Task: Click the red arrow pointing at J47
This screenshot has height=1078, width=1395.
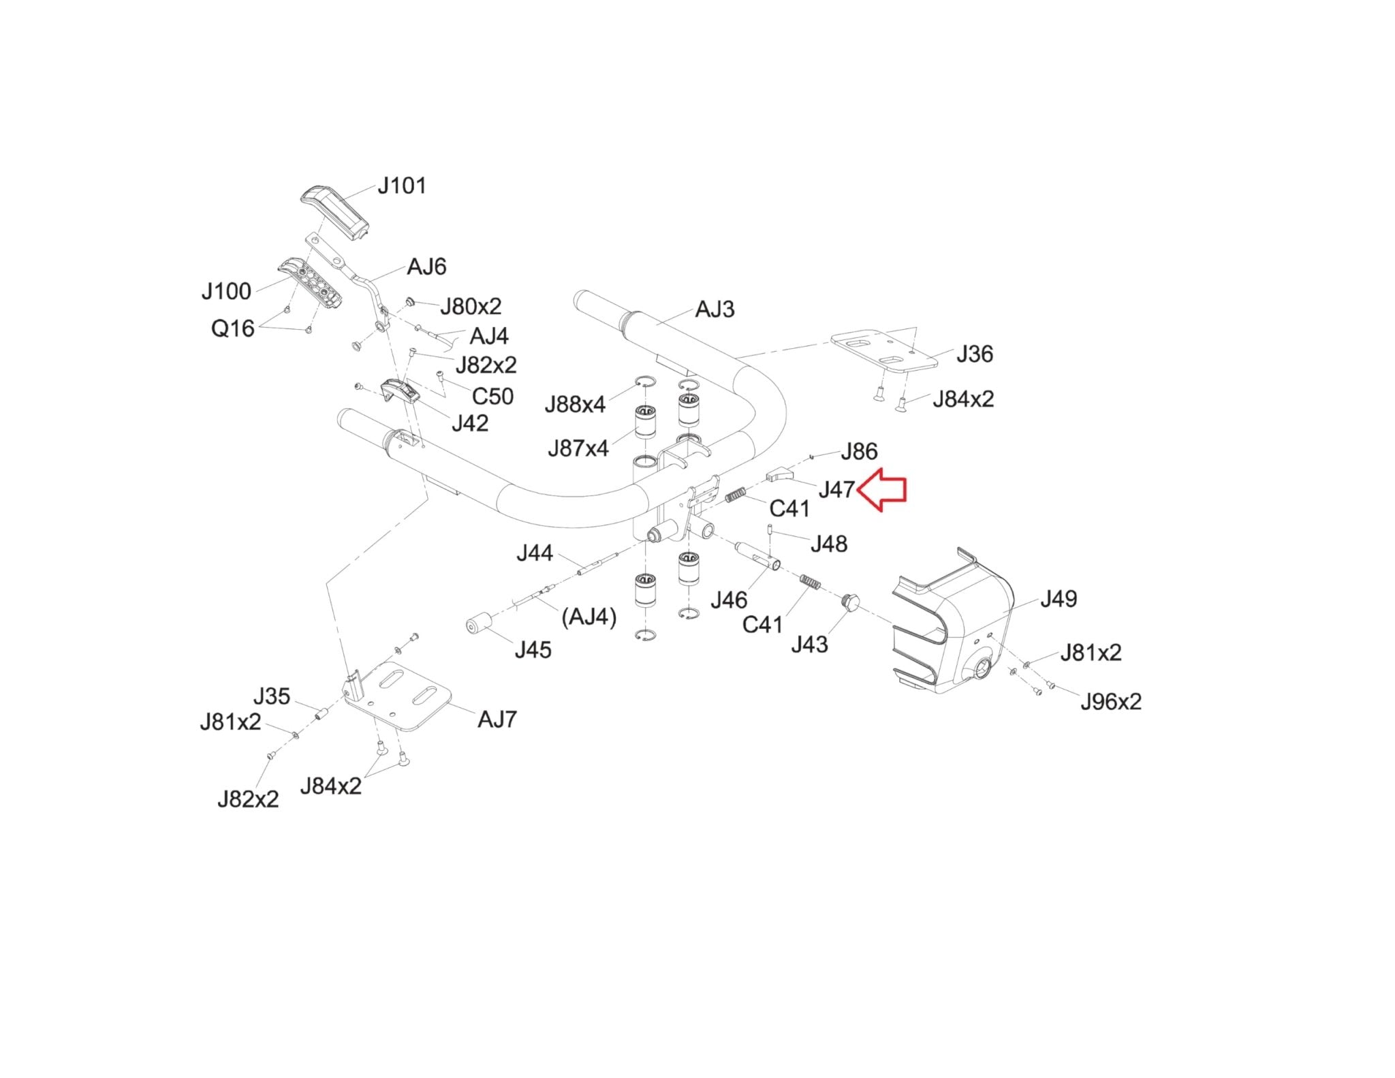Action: pos(881,489)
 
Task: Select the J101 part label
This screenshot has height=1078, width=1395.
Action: pos(402,185)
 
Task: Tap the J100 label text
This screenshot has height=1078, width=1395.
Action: pos(226,292)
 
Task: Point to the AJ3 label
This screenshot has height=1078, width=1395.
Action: pos(715,309)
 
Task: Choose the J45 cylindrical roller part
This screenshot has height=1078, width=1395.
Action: pos(479,623)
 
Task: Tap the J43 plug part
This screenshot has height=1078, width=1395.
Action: pos(850,602)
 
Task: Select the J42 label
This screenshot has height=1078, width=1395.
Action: pos(470,423)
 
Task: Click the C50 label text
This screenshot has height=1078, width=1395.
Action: pos(492,396)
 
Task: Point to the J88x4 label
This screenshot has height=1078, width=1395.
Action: pos(575,405)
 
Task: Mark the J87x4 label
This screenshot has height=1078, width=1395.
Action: pos(578,448)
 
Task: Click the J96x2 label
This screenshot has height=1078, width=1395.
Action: pos(1111,701)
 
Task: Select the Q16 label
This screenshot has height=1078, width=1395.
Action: pos(232,328)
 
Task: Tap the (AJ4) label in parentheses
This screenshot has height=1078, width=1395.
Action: pos(589,617)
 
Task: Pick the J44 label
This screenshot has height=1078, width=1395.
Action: pos(535,553)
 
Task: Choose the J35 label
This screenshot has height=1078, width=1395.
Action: pos(272,696)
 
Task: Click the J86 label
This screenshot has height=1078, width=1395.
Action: pos(859,451)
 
